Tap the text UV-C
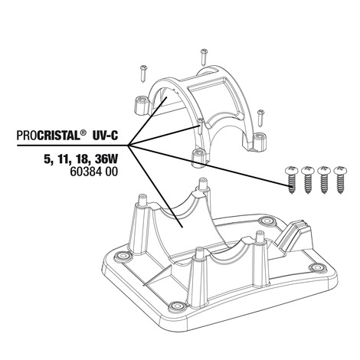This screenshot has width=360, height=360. coord(105,135)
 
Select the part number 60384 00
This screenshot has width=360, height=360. coord(94,172)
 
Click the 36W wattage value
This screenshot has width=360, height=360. coord(106,159)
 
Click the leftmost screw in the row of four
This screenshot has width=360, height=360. coord(291,180)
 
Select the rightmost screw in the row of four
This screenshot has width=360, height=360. coord(339,180)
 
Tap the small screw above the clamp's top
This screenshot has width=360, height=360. coord(204,57)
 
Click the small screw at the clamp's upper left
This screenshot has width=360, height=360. coord(143,74)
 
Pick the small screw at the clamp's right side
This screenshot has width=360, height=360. coord(260,118)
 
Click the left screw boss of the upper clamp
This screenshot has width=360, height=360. coord(141,106)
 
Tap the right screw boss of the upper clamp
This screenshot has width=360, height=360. coord(260,142)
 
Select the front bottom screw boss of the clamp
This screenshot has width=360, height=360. coord(199,159)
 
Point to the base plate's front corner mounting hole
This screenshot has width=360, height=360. coord(175,306)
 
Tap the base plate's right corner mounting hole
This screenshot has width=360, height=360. coord(317,267)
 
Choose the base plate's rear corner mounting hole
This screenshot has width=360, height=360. coord(265,221)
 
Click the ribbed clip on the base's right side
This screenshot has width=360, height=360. coord(293,235)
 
